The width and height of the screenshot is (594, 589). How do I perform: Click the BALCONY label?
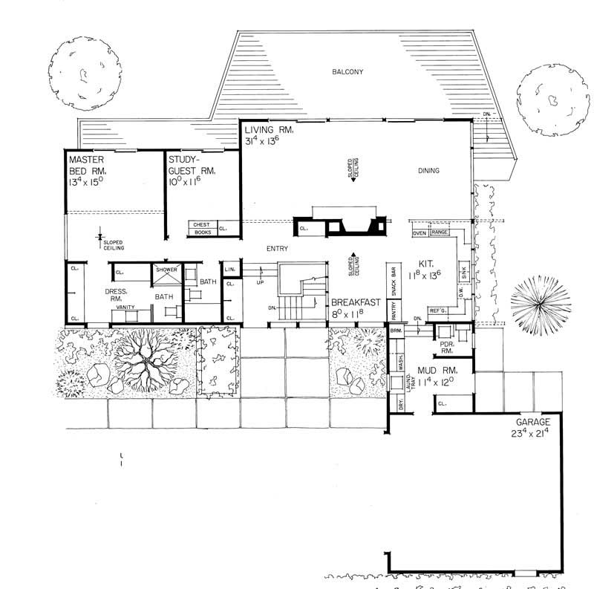(x=347, y=71)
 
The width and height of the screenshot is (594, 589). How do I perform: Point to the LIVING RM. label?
(x=270, y=130)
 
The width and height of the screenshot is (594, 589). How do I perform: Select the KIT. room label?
(x=426, y=263)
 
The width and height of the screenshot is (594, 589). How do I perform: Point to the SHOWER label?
(x=166, y=270)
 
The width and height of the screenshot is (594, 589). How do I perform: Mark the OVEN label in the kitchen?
(x=419, y=233)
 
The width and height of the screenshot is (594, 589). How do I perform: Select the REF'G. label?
(x=437, y=310)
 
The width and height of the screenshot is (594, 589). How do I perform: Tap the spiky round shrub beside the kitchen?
(x=541, y=304)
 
